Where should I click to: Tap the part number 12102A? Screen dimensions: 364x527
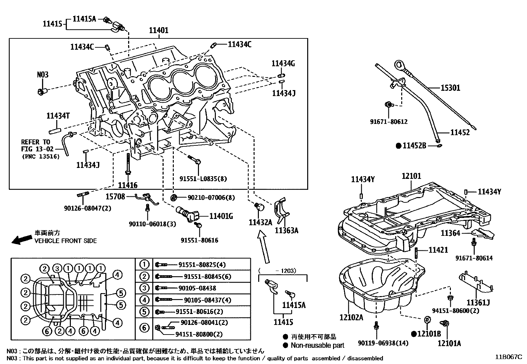point(351,317)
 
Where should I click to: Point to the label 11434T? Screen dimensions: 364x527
point(58,116)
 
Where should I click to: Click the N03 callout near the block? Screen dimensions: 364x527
point(42,75)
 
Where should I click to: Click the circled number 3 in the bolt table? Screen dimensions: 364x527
point(144,288)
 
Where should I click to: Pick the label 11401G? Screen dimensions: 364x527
point(221,216)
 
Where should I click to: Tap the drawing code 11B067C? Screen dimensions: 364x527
point(508,357)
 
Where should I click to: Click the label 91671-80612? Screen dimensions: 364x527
point(389,122)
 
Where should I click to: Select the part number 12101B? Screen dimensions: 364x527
point(429,334)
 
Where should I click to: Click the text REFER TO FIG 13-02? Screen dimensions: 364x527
point(37,146)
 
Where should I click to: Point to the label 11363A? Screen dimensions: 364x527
point(286,231)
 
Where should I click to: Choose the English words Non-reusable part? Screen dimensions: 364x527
point(317,345)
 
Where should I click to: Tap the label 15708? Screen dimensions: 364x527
point(115,197)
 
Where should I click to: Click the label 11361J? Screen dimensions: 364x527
point(478,302)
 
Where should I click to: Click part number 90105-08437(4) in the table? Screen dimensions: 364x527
point(208,300)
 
